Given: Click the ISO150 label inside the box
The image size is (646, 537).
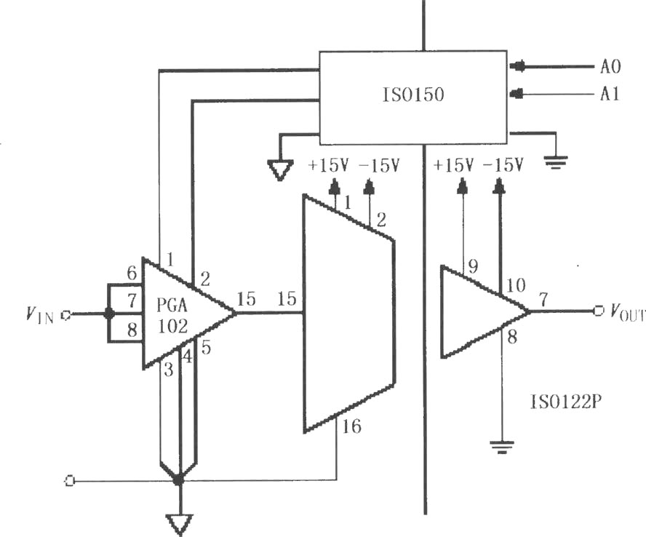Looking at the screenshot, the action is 413,95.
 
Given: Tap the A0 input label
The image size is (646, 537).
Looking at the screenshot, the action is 610,66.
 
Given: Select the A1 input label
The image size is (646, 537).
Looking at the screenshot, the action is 610,95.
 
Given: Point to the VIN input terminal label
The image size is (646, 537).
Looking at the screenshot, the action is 40,315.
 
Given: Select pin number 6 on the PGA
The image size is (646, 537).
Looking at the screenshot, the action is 132,273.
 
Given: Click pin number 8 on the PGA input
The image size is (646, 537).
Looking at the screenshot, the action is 132,330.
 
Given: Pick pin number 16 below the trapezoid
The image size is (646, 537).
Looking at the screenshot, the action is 351,426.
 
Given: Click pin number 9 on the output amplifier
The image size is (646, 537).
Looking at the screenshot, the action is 473,266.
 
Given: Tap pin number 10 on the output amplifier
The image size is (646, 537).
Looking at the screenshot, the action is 515,285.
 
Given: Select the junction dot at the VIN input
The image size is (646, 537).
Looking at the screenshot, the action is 109,314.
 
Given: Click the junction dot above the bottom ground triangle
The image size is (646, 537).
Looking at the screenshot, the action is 179,480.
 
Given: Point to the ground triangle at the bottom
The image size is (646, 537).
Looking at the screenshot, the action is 179,524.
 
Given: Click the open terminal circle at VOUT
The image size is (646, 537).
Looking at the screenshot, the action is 598,311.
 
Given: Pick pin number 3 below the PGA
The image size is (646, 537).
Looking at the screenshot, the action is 169,370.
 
